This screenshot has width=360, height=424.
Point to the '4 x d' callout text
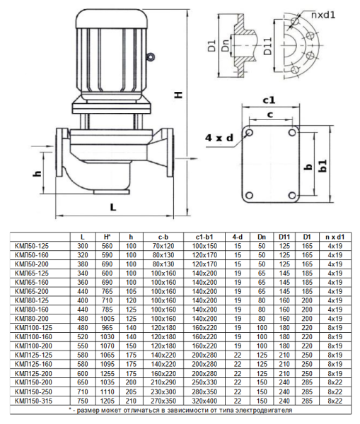coord(219,137)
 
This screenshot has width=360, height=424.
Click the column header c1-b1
coord(204,236)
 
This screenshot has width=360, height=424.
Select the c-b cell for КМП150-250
coord(163,392)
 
